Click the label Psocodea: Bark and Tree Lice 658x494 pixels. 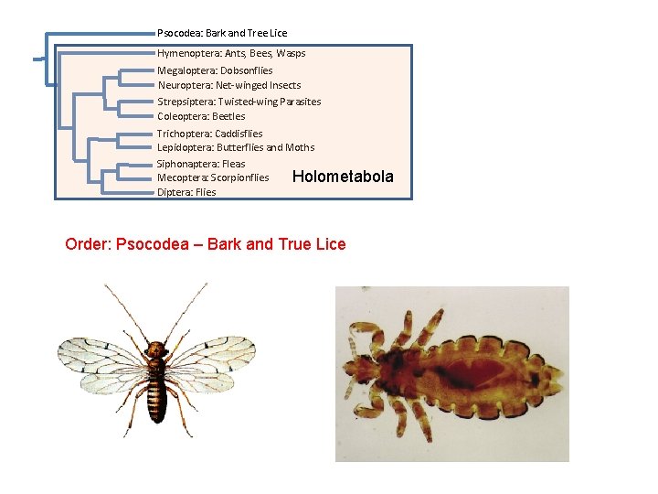coord(221,33)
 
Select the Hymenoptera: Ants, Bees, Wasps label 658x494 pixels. coord(231,53)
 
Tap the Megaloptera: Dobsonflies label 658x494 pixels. coord(215,70)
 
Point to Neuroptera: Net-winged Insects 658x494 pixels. coord(228,85)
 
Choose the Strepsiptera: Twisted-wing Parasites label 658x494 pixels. coord(239,102)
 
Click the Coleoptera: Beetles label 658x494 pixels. coord(201,116)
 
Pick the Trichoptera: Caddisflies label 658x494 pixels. coord(209,134)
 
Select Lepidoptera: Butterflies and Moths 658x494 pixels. coord(236,147)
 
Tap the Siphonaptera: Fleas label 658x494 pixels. coord(201,164)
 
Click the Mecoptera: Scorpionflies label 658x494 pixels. coord(213,177)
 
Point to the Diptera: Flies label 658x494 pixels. coord(186,192)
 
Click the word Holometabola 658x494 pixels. coord(343,177)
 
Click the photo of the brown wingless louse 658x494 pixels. coord(451,373)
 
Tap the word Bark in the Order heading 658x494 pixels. coord(226,244)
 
